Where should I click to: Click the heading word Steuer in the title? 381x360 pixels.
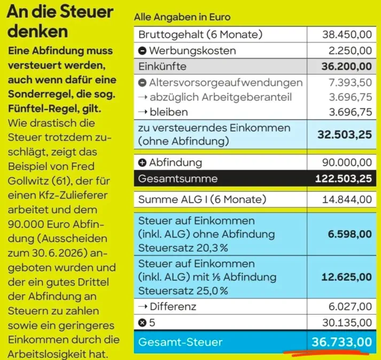tap(87, 12)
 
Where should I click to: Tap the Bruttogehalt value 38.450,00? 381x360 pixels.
tap(347, 35)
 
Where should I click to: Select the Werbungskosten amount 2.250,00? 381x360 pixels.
tap(350, 51)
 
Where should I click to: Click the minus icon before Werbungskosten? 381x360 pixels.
tap(142, 51)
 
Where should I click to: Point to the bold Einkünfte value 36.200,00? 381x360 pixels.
tap(347, 66)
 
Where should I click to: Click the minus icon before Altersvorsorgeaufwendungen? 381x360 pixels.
tap(142, 83)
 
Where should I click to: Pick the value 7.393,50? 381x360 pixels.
tap(351, 83)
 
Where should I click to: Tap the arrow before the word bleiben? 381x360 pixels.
tap(143, 112)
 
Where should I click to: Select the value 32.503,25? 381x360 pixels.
tap(345, 134)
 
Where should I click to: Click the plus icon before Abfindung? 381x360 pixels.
tap(142, 163)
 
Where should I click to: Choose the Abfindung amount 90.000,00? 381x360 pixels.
tap(347, 163)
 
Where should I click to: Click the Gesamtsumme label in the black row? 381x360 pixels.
tap(178, 179)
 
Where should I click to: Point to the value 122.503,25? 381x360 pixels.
tap(344, 179)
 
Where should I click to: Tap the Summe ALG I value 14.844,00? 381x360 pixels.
tap(347, 200)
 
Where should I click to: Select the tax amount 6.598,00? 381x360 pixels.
tap(350, 234)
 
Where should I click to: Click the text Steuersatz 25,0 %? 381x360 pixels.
tap(183, 290)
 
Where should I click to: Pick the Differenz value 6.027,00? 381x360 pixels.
tap(350, 307)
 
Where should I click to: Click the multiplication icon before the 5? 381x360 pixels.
tap(142, 323)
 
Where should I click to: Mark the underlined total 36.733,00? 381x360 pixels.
tap(341, 342)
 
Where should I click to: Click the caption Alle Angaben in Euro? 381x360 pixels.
tap(182, 17)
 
